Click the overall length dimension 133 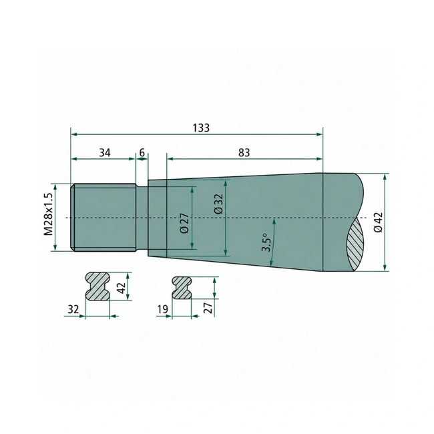click(x=201, y=128)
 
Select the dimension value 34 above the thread click(x=105, y=152)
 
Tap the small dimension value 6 click(x=142, y=152)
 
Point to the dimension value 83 click(x=244, y=152)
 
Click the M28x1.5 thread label click(x=48, y=214)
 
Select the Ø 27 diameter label click(x=184, y=223)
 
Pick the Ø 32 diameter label click(x=218, y=204)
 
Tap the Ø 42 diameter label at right click(x=378, y=222)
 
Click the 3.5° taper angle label click(x=266, y=242)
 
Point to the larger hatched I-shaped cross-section click(x=97, y=286)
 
